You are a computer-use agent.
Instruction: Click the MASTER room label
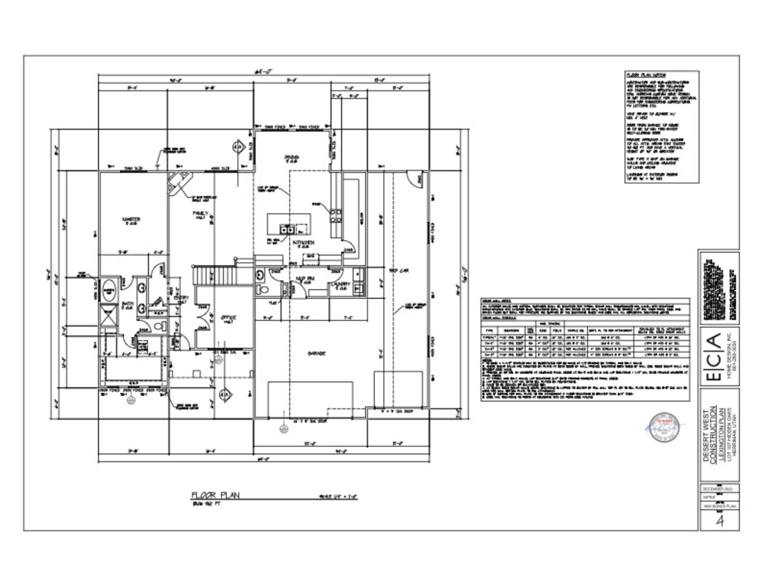[x=131, y=219]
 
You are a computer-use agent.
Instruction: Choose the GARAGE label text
[x=316, y=353]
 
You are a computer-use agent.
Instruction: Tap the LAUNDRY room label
[x=341, y=285]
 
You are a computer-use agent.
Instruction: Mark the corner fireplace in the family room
[x=178, y=183]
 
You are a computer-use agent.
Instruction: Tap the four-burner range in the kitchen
[x=335, y=216]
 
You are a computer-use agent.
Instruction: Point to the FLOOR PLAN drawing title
[x=215, y=495]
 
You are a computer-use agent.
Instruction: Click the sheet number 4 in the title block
[x=720, y=521]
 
